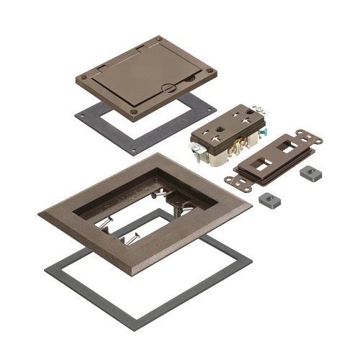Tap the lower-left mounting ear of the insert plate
232,180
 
